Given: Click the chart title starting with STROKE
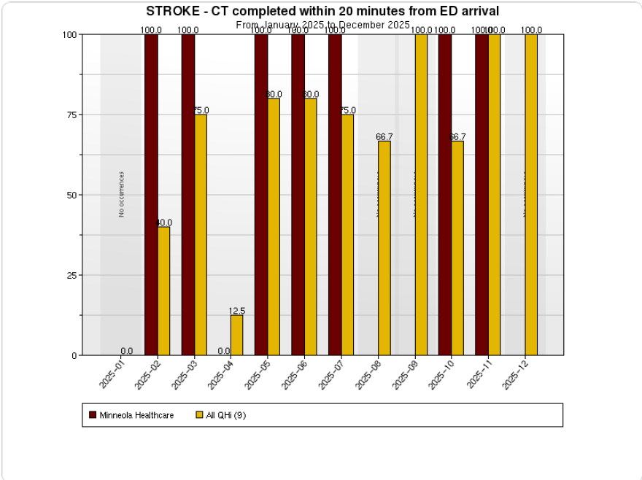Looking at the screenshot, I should pos(322,12).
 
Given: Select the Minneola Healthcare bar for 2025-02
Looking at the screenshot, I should pos(151,195).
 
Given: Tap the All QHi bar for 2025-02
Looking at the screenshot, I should pos(163,291).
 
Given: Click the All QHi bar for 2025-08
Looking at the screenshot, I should pos(384,248).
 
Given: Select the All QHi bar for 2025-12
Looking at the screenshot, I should pos(531,195).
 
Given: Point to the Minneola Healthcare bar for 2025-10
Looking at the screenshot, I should pos(445,195).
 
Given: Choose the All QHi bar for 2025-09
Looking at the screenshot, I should pos(421,195).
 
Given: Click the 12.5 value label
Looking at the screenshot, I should pos(236,311).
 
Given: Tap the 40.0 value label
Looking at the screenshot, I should pos(163,222).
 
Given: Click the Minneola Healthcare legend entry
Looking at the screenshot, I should pos(132,415).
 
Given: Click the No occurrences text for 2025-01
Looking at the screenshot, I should pos(122,195).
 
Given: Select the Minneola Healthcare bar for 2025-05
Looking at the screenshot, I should pos(261,195).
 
